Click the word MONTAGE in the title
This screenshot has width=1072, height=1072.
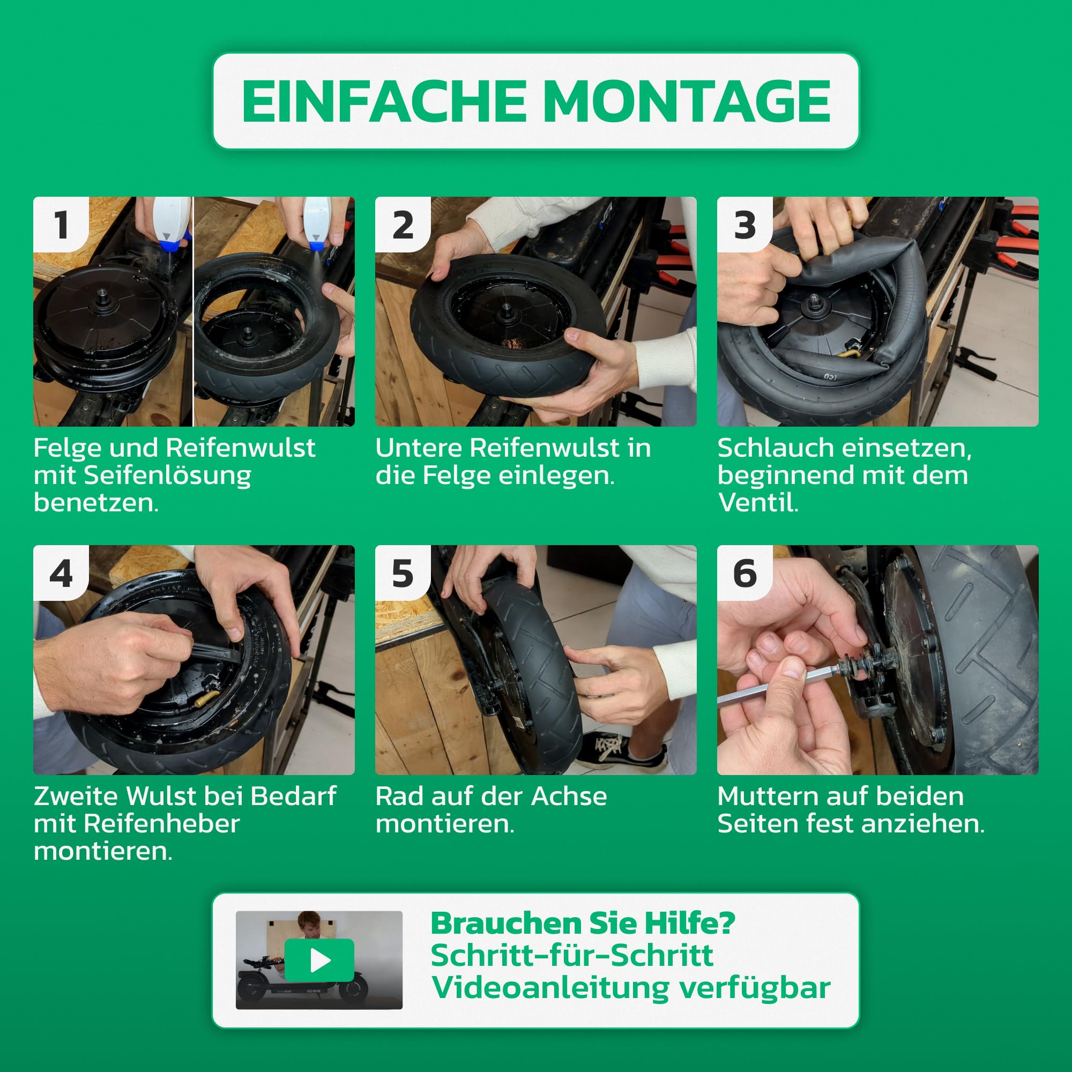click(x=687, y=101)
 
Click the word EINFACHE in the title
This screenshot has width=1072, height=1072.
click(x=383, y=101)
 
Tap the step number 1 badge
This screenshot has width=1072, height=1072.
click(x=61, y=225)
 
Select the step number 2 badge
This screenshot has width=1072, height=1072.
click(x=403, y=225)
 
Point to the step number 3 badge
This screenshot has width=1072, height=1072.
click(x=745, y=225)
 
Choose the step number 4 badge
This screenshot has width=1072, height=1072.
click(x=61, y=572)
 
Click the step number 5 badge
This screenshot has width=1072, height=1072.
click(x=403, y=572)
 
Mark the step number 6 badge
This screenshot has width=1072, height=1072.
click(x=745, y=572)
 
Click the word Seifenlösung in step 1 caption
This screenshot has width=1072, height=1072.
click(x=168, y=476)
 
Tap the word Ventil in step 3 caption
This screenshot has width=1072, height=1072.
click(x=757, y=503)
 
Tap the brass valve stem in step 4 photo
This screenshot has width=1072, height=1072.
click(x=205, y=698)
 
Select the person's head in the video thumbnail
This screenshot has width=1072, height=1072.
click(x=309, y=924)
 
